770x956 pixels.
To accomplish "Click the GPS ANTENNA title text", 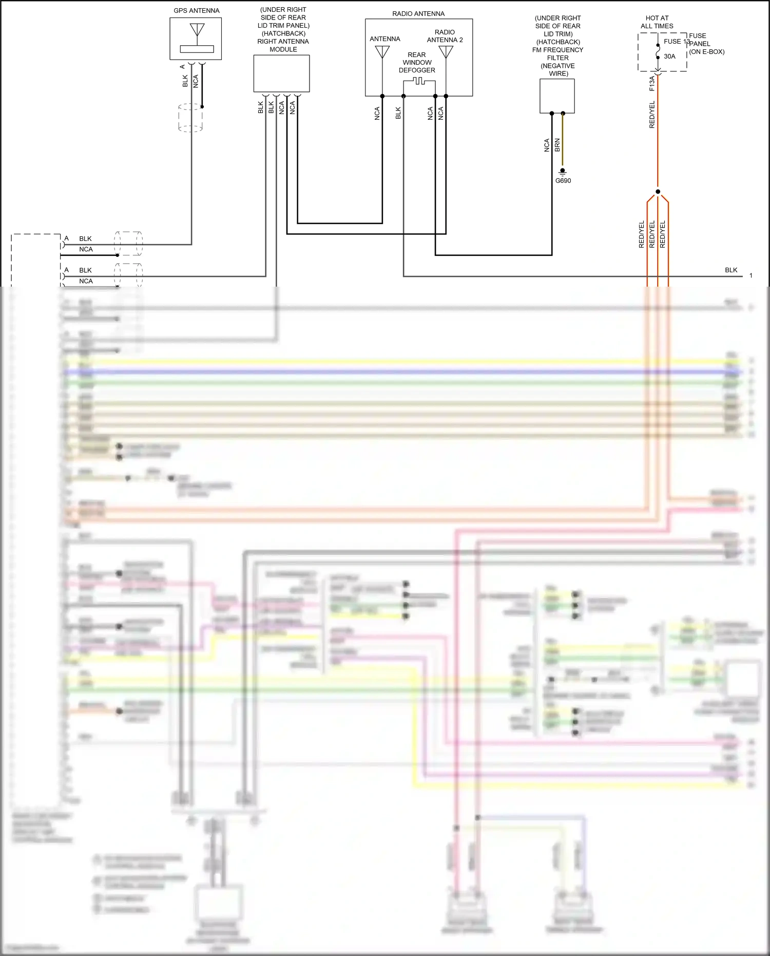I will click(196, 10).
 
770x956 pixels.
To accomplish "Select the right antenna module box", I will click(281, 73).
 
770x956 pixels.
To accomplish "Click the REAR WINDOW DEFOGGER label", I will click(417, 62).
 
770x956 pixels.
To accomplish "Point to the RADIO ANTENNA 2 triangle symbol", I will click(446, 52).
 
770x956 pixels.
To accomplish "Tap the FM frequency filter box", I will click(557, 96).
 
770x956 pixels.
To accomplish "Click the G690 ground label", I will click(563, 181).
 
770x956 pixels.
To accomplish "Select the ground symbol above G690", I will click(563, 171).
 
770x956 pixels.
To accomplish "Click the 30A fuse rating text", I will click(669, 57).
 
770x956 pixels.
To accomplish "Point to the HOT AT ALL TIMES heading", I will click(657, 22).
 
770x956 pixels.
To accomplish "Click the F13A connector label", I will click(652, 83).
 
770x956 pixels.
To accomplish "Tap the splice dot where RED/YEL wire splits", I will click(658, 192).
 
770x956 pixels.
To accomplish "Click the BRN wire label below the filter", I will click(557, 145).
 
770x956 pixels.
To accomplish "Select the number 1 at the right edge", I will click(750, 276).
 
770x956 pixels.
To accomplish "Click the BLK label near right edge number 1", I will click(731, 270).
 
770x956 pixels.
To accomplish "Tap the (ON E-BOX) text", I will click(706, 52).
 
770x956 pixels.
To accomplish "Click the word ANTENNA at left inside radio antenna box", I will click(384, 39).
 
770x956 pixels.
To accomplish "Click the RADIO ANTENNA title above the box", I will click(418, 14).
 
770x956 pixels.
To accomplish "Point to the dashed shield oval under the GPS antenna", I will click(190, 118).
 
